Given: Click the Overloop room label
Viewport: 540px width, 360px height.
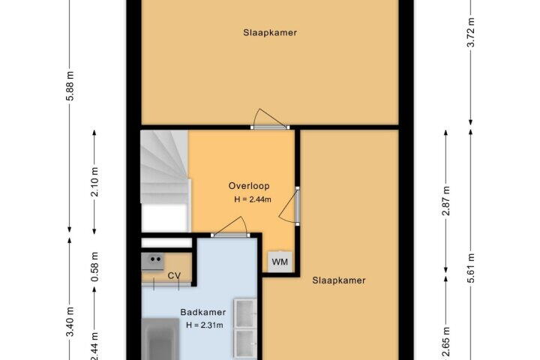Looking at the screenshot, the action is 249,186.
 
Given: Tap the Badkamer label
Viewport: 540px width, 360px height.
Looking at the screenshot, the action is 203,312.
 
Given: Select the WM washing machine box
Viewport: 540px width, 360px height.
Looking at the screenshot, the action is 280,262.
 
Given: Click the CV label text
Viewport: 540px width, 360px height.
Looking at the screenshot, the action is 174,275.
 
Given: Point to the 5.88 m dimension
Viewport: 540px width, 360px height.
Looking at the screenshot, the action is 70,85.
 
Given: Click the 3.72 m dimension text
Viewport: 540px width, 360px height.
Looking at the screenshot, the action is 471,32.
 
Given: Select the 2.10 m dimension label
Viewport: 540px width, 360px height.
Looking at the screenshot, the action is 94,182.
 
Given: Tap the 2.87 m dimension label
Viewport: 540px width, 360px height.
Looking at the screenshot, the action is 446,201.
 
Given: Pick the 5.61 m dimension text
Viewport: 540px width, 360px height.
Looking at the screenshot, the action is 471,268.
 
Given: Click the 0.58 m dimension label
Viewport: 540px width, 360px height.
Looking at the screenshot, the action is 94,267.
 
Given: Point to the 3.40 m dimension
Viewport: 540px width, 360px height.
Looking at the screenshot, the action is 70,321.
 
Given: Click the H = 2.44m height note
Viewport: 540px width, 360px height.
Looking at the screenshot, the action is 253,199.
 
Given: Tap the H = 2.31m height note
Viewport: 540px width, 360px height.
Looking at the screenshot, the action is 205,325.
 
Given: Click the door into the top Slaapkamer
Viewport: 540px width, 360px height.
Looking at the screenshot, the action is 270,119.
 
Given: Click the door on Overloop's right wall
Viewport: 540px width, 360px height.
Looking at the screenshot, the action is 290,206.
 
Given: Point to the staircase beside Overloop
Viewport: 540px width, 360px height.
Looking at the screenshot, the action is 165,181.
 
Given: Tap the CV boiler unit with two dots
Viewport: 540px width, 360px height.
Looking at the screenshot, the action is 152,261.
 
